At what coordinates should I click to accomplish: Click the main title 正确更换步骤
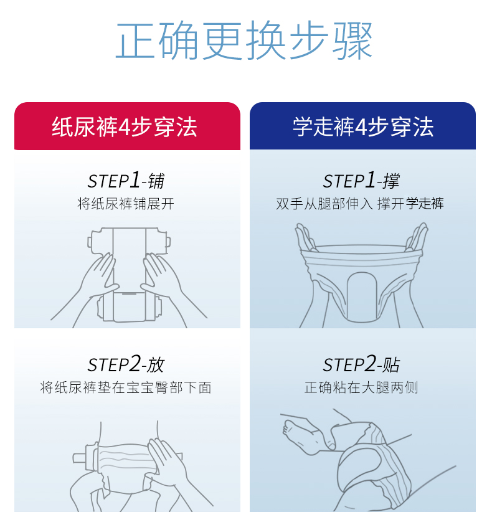[x=244, y=40]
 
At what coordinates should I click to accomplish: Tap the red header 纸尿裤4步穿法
[x=125, y=126]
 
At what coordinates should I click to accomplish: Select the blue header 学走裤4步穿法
[x=363, y=126]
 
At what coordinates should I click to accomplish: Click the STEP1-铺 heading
[x=126, y=180]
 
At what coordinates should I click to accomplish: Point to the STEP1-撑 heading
[x=361, y=180]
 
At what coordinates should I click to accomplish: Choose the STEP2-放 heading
[x=126, y=364]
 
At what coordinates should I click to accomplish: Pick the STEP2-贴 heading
[x=361, y=364]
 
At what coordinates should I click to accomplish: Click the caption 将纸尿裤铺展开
[x=126, y=204]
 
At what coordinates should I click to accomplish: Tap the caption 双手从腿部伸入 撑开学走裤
[x=360, y=204]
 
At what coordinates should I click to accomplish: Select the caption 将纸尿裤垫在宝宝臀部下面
[x=126, y=387]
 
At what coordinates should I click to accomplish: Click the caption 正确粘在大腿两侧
[x=361, y=387]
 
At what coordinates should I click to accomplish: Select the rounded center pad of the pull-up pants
[x=362, y=296]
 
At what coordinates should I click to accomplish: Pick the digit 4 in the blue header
[x=361, y=127]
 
